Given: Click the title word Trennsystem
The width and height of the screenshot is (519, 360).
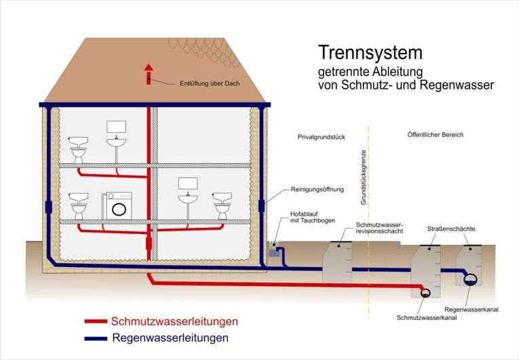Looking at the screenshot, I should pyautogui.click(x=370, y=52).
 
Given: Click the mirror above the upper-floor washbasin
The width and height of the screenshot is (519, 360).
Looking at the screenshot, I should pyautogui.click(x=117, y=127).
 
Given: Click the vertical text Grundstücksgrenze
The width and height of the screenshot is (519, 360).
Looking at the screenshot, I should pyautogui.click(x=364, y=177).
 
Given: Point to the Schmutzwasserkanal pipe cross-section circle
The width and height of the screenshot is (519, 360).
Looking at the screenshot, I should pyautogui.click(x=425, y=293).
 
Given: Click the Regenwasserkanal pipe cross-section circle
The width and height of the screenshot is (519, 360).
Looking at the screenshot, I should pyautogui.click(x=469, y=278).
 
